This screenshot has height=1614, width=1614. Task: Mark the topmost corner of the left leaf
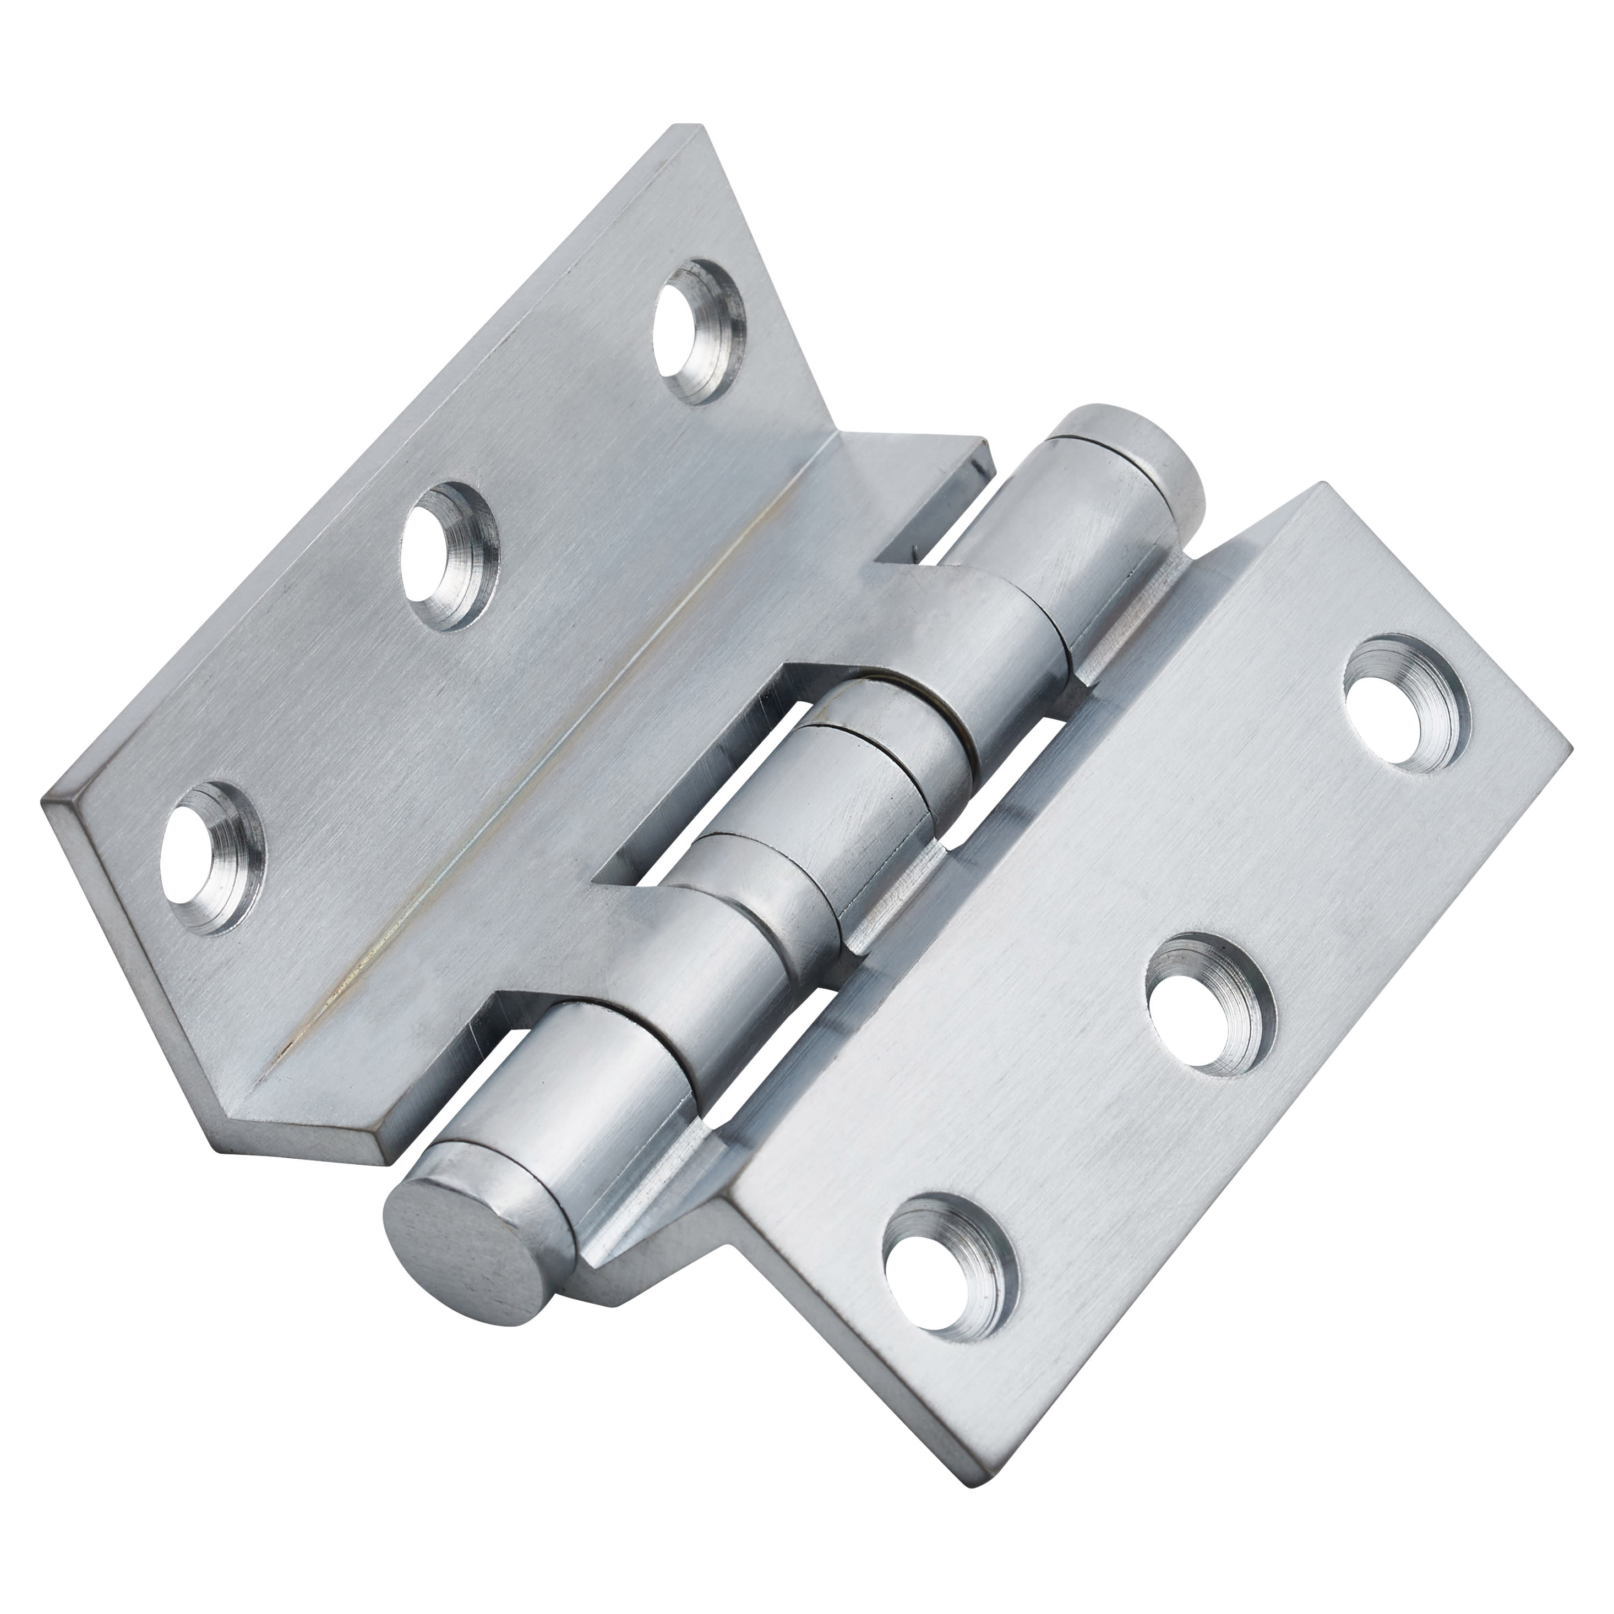tap(699, 127)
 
